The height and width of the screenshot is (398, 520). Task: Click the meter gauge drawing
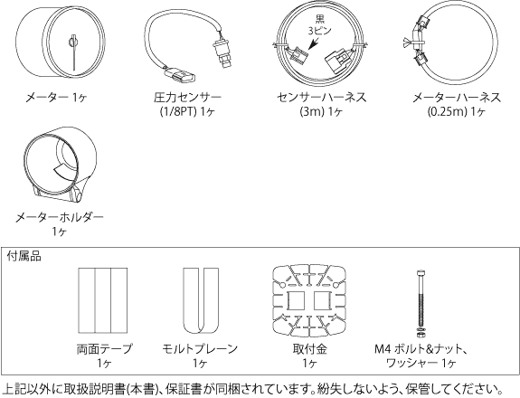61,43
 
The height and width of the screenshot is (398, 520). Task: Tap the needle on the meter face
73,52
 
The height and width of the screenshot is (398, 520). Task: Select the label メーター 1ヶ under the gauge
56,98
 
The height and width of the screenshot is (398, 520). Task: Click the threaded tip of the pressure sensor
226,62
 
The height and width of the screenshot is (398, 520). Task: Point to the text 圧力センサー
188,98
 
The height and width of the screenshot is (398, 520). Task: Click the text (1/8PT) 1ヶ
188,112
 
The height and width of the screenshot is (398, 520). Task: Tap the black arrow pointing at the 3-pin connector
313,43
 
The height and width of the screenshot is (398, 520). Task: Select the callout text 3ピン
320,31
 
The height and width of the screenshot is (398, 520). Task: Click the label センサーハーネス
322,98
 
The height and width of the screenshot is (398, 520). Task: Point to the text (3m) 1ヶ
321,112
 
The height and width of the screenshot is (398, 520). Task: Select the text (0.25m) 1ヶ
457,112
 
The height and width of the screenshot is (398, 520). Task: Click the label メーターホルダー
60,218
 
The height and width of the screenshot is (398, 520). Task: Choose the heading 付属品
24,256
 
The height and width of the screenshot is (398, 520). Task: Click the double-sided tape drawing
103,300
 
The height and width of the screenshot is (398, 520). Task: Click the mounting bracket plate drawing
309,300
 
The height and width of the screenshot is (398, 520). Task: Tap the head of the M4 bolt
421,274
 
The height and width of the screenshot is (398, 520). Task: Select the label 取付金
310,349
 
